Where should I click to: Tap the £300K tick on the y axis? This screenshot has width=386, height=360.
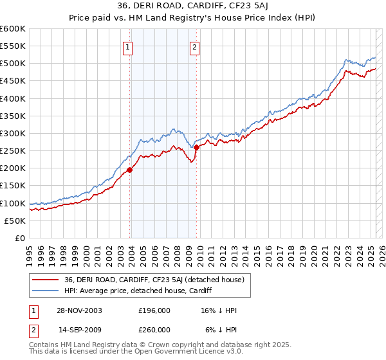[x=13, y=133]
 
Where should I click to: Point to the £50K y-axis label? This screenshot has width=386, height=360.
[x=15, y=221]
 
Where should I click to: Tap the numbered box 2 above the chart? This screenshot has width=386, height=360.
[x=194, y=47]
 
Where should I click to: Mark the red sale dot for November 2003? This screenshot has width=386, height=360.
[x=130, y=170]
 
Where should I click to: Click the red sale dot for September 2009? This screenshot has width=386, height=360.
[x=196, y=148]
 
